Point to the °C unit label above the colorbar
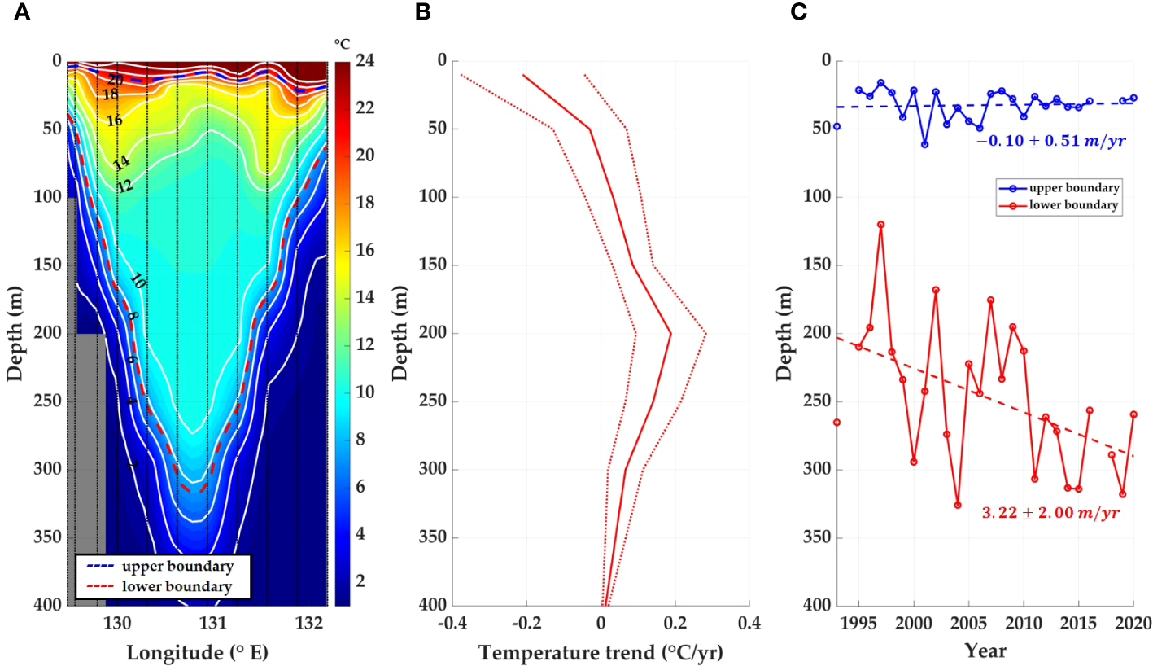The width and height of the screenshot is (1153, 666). [x=343, y=43]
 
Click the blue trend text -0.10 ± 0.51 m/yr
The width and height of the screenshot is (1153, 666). [x=1050, y=141]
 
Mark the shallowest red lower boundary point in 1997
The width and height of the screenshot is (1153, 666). [x=880, y=224]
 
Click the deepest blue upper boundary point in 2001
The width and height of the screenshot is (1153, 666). [x=924, y=144]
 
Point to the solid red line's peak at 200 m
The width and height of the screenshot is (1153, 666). [x=670, y=333]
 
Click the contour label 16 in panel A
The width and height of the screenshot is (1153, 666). [x=115, y=120]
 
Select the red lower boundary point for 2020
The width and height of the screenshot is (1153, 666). [x=1133, y=414]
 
